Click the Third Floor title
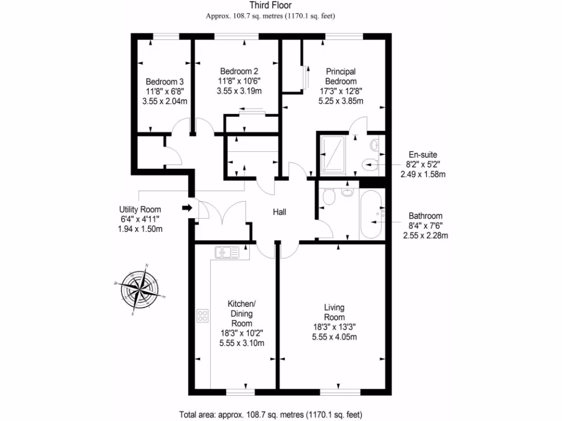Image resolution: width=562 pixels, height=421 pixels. (271, 5)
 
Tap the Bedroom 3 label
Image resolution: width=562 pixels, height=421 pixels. (165, 82)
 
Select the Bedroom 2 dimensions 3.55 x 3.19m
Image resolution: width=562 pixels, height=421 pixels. (239, 91)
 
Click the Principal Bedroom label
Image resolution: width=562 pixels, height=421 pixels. (341, 76)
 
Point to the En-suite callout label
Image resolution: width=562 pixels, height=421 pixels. (423, 155)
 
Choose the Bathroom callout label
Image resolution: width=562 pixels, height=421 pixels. (425, 216)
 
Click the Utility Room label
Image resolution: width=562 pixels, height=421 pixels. (140, 209)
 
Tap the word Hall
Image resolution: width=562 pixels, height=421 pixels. (279, 212)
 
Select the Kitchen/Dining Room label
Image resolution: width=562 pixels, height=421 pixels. (241, 314)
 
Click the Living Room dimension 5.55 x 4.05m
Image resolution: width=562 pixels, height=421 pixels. (334, 337)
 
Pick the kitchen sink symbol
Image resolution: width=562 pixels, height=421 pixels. (227, 252)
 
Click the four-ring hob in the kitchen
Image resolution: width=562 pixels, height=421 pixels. (203, 316)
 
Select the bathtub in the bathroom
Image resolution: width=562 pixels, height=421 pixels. (372, 214)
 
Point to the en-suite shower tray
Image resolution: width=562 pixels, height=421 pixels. (333, 153)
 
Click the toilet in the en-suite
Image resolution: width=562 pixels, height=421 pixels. (370, 165)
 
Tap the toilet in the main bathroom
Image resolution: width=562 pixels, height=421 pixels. (329, 197)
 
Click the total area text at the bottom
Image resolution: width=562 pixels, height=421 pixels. (271, 414)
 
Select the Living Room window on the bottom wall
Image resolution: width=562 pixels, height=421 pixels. (340, 392)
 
